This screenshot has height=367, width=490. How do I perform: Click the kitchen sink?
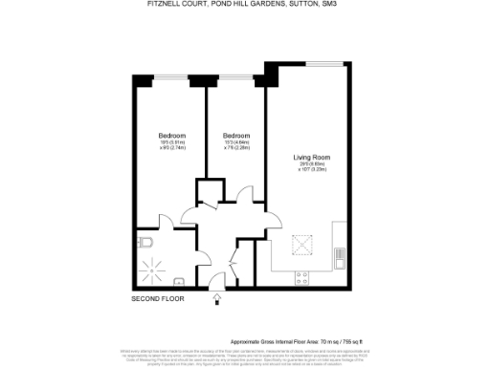tap(339, 255)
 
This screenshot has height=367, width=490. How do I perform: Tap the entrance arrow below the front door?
tap(217, 298)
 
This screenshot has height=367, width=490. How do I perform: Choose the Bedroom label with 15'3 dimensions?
tap(235, 136)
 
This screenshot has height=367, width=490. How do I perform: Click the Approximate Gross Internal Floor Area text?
tap(287, 341)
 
